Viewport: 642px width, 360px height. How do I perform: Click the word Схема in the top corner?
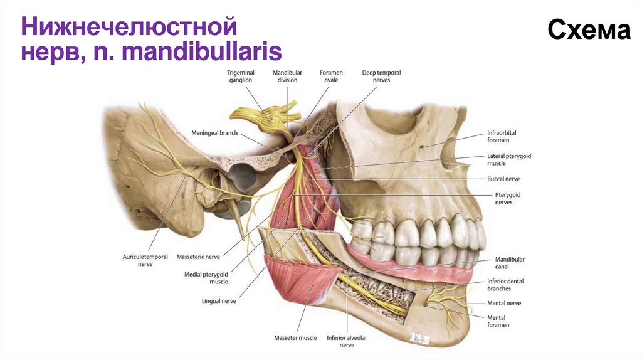(589, 29)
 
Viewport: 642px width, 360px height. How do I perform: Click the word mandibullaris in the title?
(202, 51)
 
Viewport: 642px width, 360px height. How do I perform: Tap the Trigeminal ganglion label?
(241, 77)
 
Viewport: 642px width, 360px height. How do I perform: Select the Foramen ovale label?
(330, 77)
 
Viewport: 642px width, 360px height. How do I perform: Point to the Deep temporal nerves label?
(381, 77)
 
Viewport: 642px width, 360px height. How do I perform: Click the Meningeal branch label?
(214, 133)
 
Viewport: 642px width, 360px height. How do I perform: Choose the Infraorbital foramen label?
(502, 137)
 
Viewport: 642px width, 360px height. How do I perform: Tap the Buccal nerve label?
(503, 179)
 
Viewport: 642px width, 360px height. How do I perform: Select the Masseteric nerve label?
(198, 257)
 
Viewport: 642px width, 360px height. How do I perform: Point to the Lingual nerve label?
(219, 301)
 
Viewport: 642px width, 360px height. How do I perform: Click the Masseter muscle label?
(295, 339)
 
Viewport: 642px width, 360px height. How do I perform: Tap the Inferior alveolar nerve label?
(347, 342)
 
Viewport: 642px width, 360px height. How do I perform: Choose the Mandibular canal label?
(510, 263)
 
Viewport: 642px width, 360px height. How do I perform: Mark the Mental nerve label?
(504, 303)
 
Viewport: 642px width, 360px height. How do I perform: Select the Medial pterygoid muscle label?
(206, 278)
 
